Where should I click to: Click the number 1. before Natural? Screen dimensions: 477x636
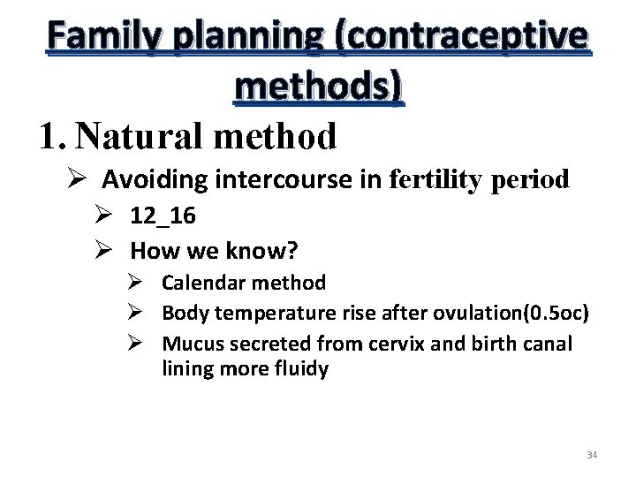53,136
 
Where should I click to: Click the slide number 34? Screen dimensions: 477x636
592,455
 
